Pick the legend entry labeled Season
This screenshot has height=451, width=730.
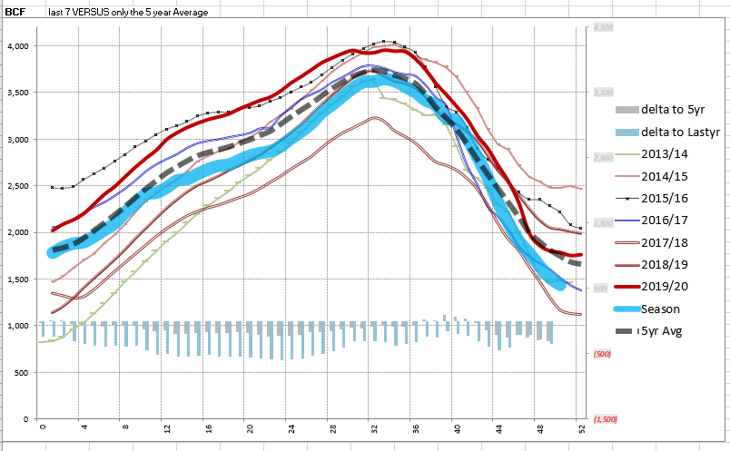[660, 309]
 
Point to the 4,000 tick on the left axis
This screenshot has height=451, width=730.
[19, 45]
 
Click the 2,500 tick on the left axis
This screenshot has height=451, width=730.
[19, 186]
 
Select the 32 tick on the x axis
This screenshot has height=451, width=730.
[372, 427]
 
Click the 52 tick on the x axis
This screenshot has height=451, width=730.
[580, 427]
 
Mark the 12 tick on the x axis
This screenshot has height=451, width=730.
[165, 427]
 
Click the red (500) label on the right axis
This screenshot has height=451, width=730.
[601, 354]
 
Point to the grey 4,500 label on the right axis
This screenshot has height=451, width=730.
[603, 28]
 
